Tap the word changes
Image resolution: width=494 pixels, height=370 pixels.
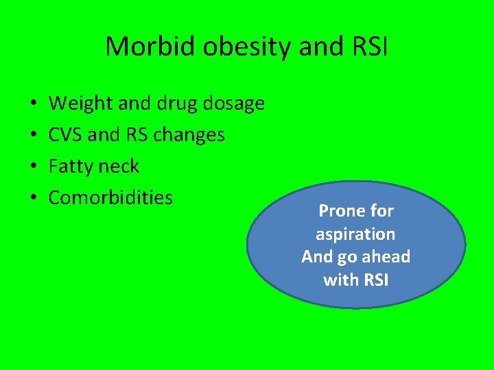pyautogui.click(x=189, y=135)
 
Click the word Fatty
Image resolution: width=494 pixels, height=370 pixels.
pyautogui.click(x=70, y=166)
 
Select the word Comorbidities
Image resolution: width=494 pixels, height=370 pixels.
pyautogui.click(x=110, y=198)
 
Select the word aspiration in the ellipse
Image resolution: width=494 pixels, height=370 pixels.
pyautogui.click(x=355, y=234)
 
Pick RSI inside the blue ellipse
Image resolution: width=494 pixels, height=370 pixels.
pyautogui.click(x=375, y=280)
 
